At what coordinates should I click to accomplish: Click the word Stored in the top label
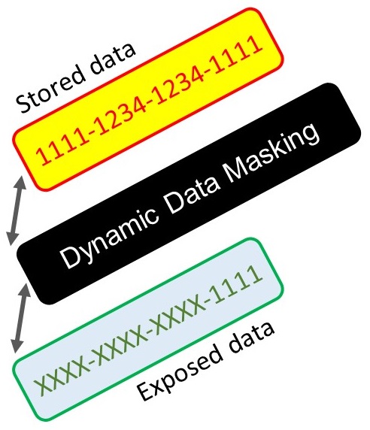50,89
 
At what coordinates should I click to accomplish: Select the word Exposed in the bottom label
180,371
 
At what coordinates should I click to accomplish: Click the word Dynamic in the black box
110,236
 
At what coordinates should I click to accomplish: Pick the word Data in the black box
192,192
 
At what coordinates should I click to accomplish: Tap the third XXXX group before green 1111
177,318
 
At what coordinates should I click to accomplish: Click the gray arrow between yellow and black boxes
17,211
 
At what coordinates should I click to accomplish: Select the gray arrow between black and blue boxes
20,318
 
